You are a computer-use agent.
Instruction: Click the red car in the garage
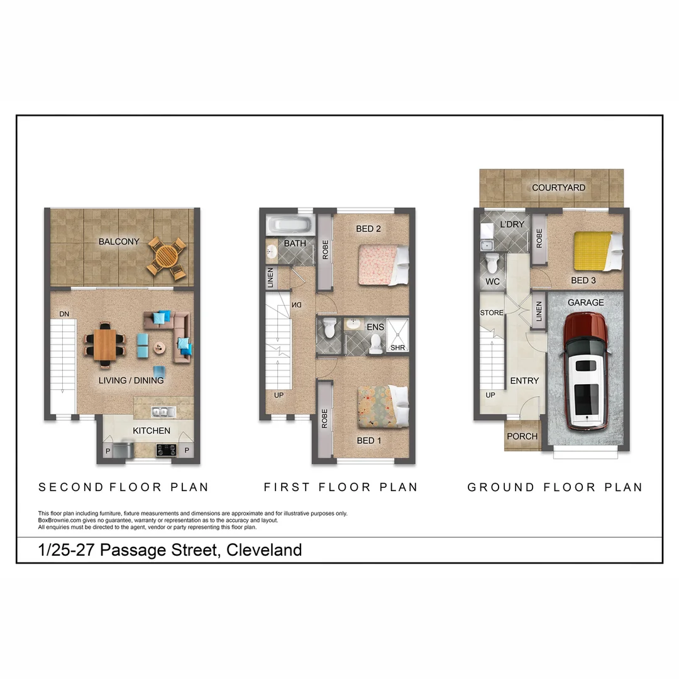585,371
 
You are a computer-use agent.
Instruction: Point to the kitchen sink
162,412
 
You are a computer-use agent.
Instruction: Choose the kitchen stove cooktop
167,449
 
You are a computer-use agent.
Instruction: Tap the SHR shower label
397,347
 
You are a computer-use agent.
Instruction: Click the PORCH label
522,436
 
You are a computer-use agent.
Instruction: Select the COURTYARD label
558,187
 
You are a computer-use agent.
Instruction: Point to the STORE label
492,312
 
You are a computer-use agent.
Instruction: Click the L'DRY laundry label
512,224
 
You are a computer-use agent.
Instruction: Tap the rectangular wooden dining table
105,345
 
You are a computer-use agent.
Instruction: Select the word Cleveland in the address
264,550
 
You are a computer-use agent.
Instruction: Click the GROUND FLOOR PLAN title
555,487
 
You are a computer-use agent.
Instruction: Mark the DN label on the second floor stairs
64,314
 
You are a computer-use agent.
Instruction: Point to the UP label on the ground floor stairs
490,395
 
